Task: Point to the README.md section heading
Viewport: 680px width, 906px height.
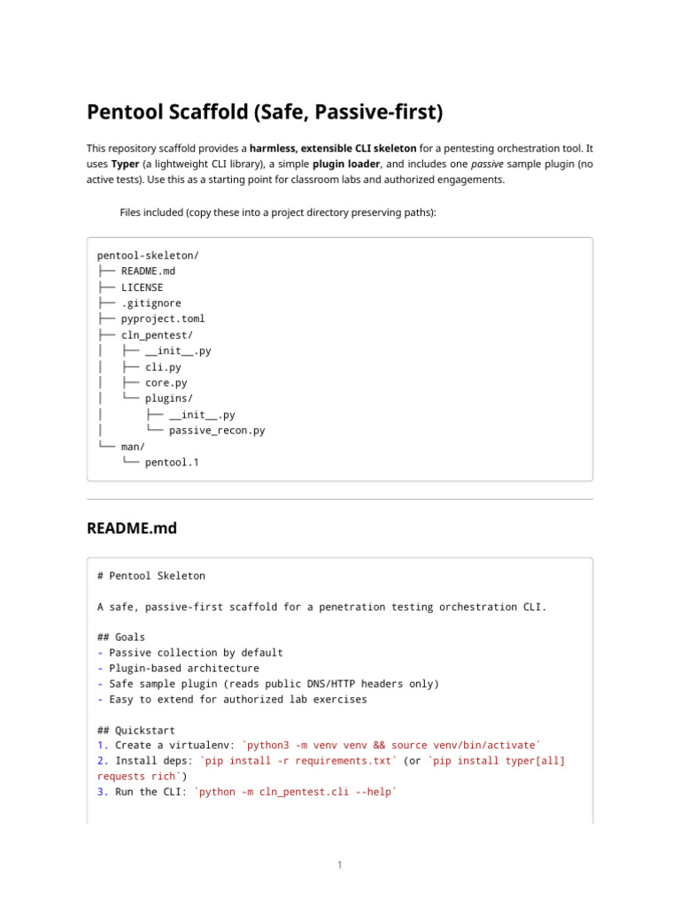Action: pyautogui.click(x=131, y=528)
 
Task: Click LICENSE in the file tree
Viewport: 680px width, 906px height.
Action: pyautogui.click(x=142, y=287)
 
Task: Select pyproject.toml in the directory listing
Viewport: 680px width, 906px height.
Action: pyautogui.click(x=163, y=319)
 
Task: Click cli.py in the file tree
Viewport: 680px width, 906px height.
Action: pyautogui.click(x=163, y=366)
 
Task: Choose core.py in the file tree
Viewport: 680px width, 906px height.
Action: pyautogui.click(x=166, y=382)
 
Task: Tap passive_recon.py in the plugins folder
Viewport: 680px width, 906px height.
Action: pyautogui.click(x=217, y=430)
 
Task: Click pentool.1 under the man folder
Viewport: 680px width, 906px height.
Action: pyautogui.click(x=172, y=462)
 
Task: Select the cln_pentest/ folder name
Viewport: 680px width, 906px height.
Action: pyautogui.click(x=157, y=334)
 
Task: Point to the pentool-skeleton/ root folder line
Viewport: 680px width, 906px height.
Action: pyautogui.click(x=148, y=255)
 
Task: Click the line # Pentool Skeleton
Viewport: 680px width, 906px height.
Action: pyautogui.click(x=151, y=575)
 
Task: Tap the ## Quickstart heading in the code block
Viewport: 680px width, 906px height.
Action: pyautogui.click(x=135, y=730)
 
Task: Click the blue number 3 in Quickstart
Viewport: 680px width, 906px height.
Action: pyautogui.click(x=100, y=792)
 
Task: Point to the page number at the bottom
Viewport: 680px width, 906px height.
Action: pyautogui.click(x=339, y=864)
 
